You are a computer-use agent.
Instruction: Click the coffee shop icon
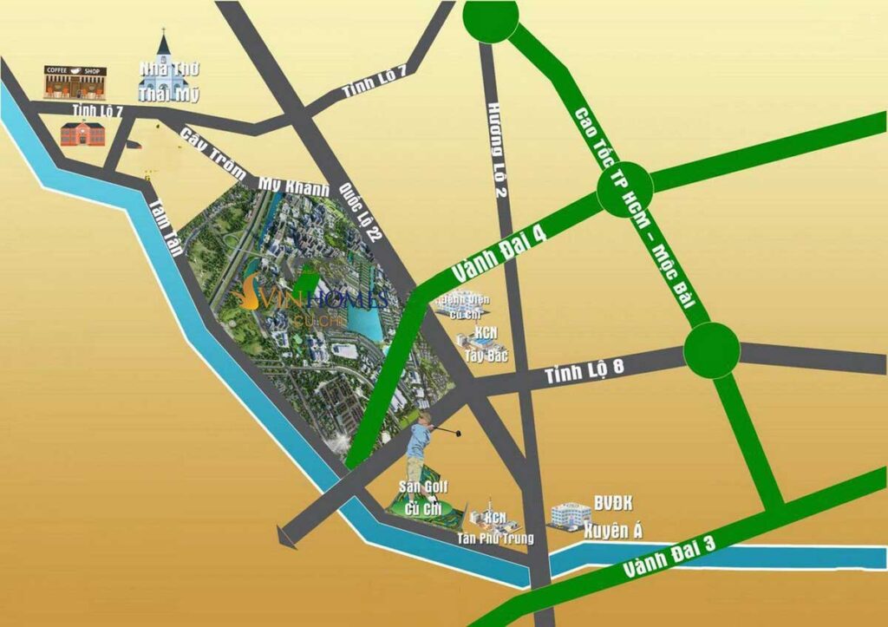coord(76,82)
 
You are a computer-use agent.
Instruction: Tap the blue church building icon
coord(163,64)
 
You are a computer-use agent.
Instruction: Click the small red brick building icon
coord(82,134)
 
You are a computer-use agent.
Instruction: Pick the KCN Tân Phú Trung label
coord(495,529)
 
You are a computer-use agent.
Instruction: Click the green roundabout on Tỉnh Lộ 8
coord(711,349)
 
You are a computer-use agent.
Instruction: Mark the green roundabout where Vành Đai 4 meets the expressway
coord(624,186)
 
